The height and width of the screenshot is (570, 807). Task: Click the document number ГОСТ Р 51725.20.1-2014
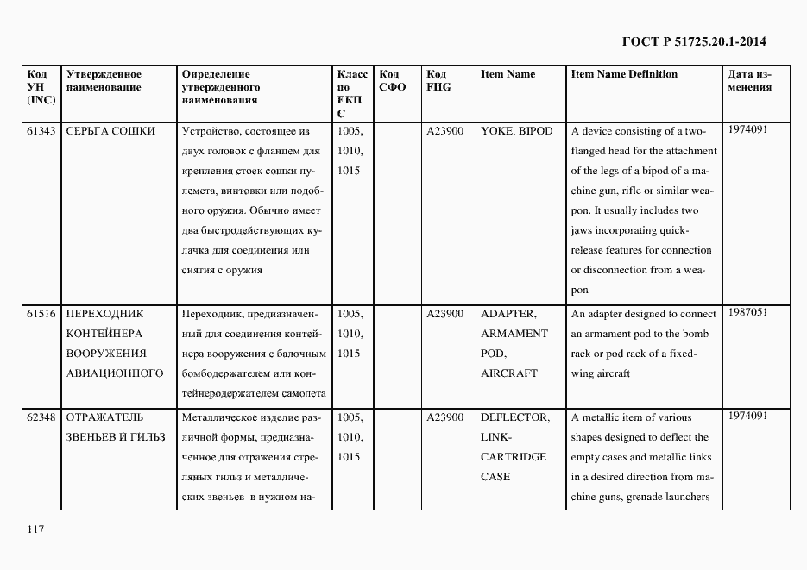point(694,41)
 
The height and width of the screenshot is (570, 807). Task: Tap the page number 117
point(35,529)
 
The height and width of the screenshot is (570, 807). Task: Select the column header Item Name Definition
point(624,74)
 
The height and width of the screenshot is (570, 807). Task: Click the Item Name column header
point(508,74)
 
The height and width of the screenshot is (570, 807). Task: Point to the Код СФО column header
point(394,80)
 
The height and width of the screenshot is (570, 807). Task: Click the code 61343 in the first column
point(41,131)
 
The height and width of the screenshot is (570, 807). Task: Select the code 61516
point(41,314)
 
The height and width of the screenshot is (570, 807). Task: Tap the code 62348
point(41,417)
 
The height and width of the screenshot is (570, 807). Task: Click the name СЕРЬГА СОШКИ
point(110,131)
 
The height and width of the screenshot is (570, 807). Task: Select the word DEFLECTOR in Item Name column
point(514,417)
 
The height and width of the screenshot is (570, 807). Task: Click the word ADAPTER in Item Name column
point(508,314)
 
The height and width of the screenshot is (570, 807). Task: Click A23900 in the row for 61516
point(444,314)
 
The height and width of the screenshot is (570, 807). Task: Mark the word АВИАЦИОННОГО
point(114,373)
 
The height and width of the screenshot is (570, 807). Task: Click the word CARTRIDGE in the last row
point(514,457)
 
